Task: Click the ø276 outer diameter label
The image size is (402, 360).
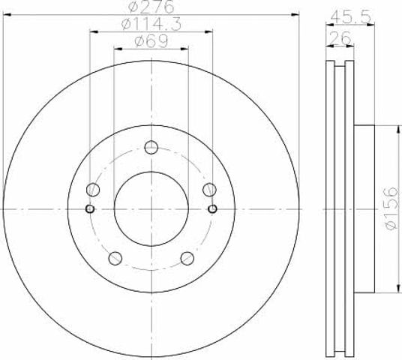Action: coord(151,7)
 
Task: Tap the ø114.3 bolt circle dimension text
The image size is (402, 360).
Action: coord(151,24)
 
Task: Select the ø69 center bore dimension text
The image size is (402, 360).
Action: coord(151,40)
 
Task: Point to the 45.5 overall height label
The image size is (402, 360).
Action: coord(350,17)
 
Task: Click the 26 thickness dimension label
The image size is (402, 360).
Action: coord(340,38)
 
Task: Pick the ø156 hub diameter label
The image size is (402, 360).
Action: coord(391,208)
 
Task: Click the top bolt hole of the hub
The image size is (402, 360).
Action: coord(151,148)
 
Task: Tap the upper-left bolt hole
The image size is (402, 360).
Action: coord(93,190)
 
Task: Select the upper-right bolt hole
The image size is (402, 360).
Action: coord(209,190)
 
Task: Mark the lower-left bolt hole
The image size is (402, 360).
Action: coord(115,258)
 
